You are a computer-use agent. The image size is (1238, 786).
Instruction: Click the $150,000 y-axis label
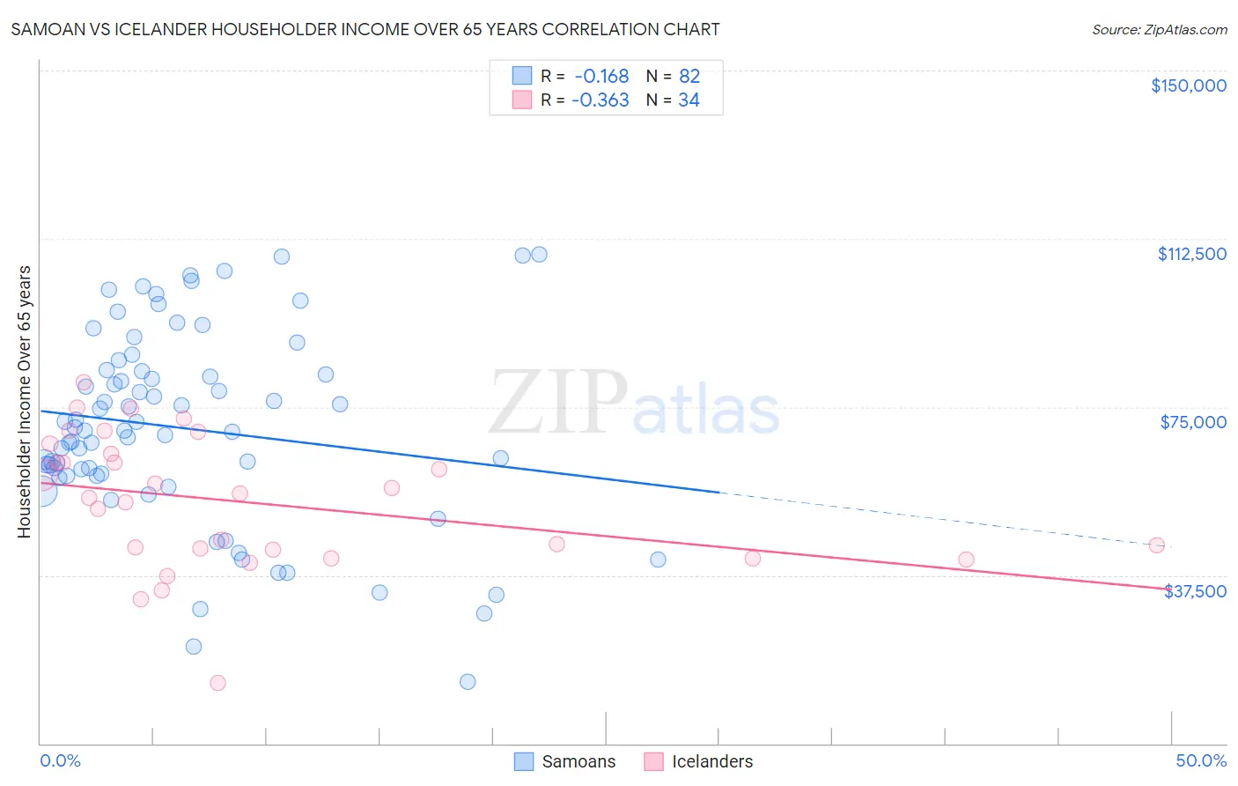click(1188, 85)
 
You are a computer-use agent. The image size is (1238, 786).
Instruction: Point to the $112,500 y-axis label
click(1191, 254)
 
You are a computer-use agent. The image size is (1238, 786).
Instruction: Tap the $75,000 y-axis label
click(1193, 422)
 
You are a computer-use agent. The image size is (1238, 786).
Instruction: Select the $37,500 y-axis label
click(1195, 591)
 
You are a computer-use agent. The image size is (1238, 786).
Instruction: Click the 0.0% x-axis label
click(60, 760)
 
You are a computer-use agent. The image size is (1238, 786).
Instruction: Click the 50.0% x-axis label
click(1201, 760)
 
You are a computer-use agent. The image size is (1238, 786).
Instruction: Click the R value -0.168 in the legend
click(601, 77)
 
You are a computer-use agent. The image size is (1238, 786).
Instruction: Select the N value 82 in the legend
click(689, 77)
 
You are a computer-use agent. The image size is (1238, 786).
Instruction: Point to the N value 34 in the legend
click(689, 100)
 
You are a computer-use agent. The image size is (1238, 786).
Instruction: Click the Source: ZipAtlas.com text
click(1159, 30)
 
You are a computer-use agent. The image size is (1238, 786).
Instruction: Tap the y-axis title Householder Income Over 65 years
click(25, 401)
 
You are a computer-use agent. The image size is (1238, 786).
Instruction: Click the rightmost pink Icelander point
click(1156, 545)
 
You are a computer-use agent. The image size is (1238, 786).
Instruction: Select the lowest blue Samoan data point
click(468, 681)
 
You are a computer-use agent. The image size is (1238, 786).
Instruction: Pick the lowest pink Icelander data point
click(217, 683)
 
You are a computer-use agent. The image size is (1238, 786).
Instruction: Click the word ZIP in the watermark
click(557, 404)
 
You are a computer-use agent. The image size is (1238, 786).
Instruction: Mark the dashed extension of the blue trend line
click(942, 519)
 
